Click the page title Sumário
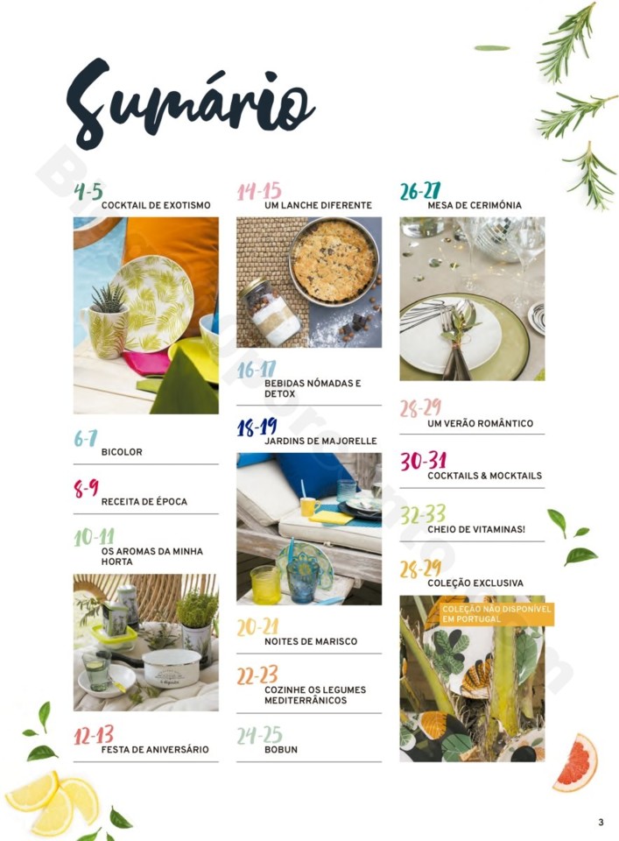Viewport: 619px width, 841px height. click(190, 103)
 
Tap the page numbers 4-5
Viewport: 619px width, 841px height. click(88, 192)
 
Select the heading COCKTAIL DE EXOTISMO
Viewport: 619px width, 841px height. click(156, 205)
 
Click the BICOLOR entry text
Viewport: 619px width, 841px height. click(122, 452)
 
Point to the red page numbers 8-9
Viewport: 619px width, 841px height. click(87, 488)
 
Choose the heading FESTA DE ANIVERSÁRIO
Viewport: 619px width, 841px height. click(155, 749)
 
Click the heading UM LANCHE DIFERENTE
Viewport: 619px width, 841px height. click(318, 205)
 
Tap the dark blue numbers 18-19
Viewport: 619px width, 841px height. click(257, 428)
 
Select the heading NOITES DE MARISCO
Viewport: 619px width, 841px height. click(310, 641)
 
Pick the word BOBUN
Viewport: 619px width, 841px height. click(281, 749)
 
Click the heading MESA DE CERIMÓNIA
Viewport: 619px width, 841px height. click(475, 205)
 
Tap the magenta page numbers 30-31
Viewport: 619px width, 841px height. click(423, 462)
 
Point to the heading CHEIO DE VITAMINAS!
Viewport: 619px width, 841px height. click(476, 529)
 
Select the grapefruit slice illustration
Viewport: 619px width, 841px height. click(575, 762)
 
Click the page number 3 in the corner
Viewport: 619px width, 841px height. click(601, 822)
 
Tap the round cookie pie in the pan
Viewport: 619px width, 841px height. click(334, 259)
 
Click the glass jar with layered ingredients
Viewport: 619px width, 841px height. click(270, 310)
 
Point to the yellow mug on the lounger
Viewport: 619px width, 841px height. click(309, 506)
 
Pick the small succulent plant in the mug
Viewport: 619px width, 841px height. click(109, 297)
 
